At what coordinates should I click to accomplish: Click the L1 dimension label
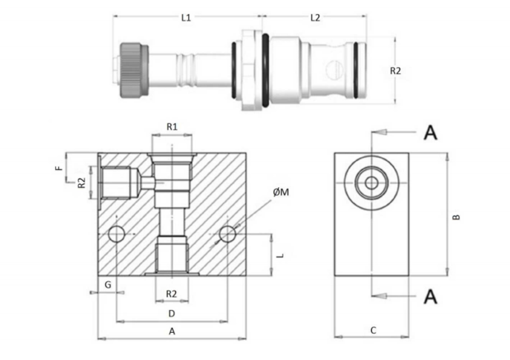point(186,17)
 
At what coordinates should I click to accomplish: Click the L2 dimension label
point(315,17)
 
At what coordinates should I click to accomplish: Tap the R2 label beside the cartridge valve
point(396,71)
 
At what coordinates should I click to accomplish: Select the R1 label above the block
point(172,127)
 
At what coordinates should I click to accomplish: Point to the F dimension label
point(59,168)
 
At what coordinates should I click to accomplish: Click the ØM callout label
point(281,192)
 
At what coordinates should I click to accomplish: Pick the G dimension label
point(108,285)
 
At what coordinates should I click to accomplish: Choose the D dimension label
point(171,313)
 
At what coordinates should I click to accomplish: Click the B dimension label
point(457,217)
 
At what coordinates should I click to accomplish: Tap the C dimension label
point(373,330)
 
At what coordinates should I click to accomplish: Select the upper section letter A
point(430,132)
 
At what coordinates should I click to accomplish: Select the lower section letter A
point(430,297)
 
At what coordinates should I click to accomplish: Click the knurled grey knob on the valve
point(134,70)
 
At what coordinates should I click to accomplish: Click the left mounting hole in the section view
point(117,234)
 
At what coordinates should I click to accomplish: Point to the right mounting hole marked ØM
point(227,234)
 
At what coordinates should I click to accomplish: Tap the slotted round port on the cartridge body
point(333,70)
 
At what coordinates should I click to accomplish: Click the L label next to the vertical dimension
point(280,255)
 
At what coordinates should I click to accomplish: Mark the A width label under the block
point(172,331)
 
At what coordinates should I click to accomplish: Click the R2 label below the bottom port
point(171,294)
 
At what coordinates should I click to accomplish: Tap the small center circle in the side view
point(372,183)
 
